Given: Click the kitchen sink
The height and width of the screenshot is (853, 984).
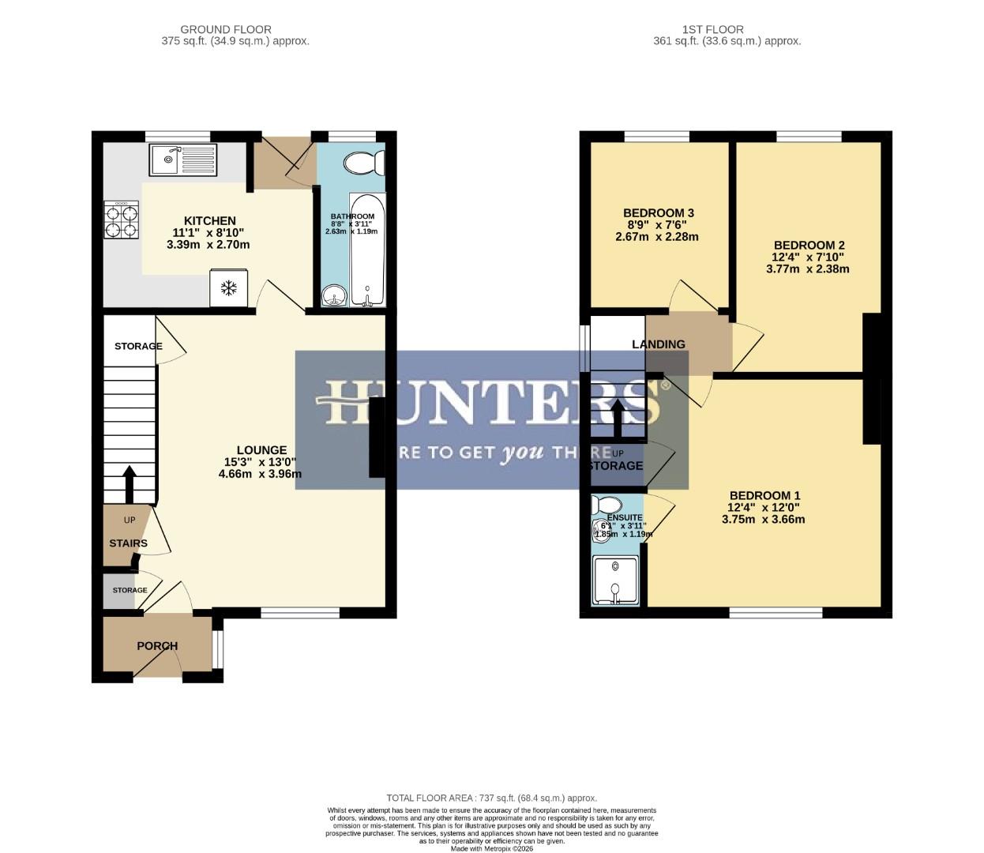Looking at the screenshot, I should click(x=182, y=160).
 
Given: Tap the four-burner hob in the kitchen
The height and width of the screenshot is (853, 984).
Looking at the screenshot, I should click(x=121, y=220).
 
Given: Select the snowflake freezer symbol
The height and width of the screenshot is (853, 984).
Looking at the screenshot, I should click(x=228, y=288).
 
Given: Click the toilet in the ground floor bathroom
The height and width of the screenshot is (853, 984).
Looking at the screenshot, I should click(x=364, y=163).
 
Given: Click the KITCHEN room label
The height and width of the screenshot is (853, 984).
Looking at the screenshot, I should click(x=209, y=221).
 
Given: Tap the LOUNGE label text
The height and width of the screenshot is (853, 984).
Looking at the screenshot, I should click(x=261, y=450).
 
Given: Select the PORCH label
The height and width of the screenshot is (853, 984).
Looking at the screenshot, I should click(x=157, y=646).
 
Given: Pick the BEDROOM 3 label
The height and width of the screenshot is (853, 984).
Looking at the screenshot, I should click(x=658, y=213).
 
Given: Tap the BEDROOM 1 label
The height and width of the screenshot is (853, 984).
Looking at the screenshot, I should click(x=764, y=496).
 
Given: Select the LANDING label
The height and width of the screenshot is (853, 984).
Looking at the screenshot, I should click(x=658, y=344).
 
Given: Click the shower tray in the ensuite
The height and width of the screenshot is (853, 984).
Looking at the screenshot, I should click(x=615, y=581).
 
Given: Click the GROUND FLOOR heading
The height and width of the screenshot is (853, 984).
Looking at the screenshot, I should click(x=226, y=30).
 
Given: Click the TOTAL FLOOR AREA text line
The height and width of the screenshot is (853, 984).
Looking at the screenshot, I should click(x=491, y=799).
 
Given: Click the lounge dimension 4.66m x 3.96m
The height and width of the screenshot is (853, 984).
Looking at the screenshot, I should click(x=260, y=474).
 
